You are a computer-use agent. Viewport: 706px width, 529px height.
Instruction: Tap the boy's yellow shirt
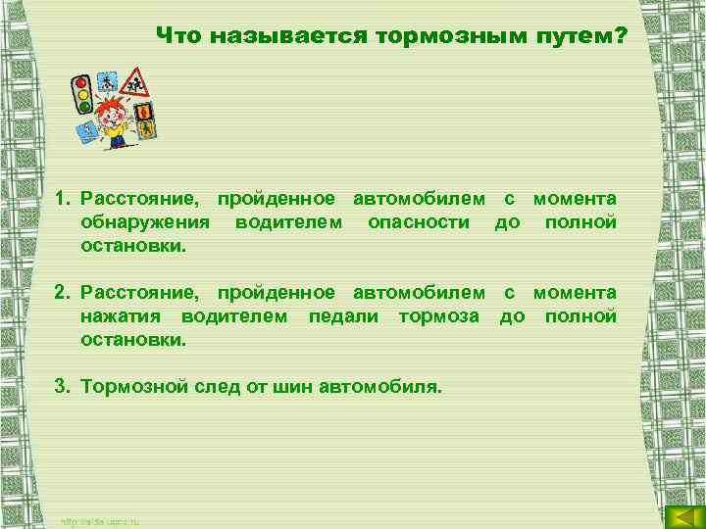point(117,126)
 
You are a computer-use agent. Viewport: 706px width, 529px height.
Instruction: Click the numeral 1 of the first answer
point(60,199)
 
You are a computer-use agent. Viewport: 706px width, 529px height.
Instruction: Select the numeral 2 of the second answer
point(60,293)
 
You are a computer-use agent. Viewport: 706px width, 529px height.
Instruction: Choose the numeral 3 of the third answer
point(60,387)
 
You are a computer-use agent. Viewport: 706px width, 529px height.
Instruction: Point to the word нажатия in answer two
point(123,316)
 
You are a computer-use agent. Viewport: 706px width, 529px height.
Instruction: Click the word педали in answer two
point(345,316)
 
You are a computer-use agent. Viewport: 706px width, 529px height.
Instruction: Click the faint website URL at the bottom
point(101,520)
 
